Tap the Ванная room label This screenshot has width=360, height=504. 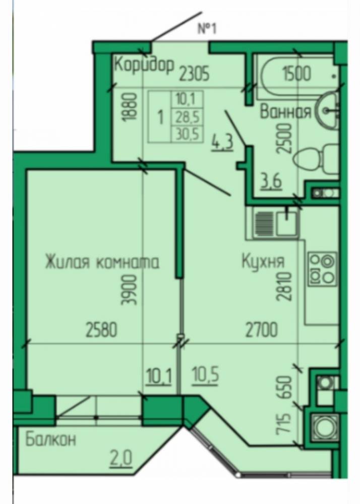(286, 112)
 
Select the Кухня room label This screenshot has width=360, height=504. (263, 261)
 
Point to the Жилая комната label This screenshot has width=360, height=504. (102, 262)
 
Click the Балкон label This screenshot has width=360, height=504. (51, 439)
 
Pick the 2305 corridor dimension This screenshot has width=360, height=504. (195, 73)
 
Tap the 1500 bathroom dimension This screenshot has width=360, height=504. (297, 73)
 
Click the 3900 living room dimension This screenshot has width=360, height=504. (129, 290)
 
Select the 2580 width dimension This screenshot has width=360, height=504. (101, 330)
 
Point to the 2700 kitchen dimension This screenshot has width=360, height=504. (261, 330)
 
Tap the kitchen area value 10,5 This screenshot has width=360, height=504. (206, 375)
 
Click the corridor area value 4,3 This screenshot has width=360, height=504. (222, 143)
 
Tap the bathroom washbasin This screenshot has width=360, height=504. (327, 110)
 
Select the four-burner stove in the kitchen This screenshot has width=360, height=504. (322, 269)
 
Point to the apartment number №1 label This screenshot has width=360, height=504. (207, 29)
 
